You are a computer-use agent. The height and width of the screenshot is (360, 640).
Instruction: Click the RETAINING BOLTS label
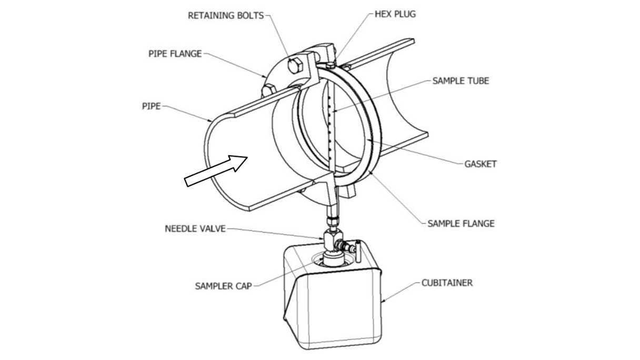[225, 15]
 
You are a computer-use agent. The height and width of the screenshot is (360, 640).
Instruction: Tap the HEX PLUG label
[395, 14]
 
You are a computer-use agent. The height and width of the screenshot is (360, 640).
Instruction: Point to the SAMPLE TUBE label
[461, 81]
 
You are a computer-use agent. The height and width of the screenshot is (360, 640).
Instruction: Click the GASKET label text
[480, 164]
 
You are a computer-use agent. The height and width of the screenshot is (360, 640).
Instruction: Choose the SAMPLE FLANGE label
[461, 223]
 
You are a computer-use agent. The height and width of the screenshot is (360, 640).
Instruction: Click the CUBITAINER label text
[447, 283]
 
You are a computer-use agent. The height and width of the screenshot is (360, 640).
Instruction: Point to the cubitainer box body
[332, 305]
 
